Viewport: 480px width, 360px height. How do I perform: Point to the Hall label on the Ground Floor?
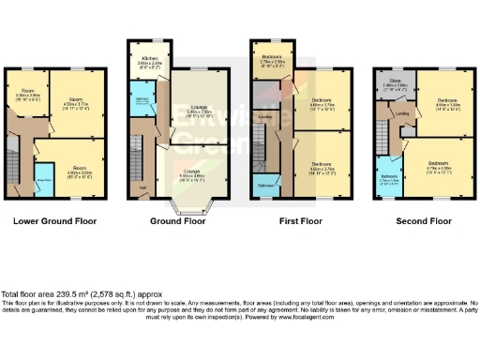point(143,187)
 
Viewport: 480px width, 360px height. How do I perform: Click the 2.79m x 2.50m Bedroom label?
point(271,60)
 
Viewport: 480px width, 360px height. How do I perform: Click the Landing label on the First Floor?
point(266,117)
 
